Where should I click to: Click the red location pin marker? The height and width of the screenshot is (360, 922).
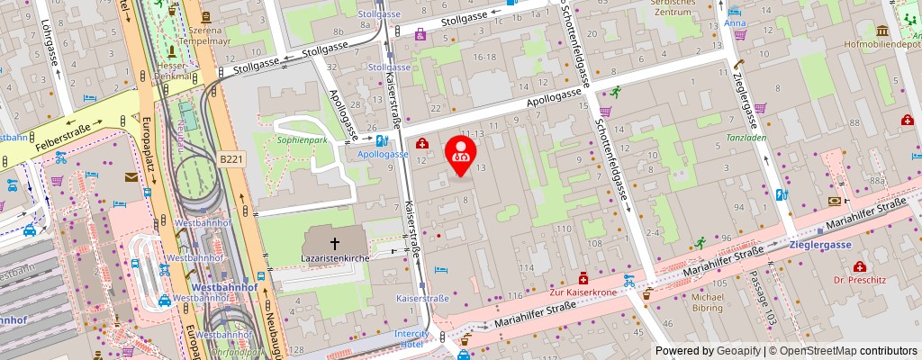pyautogui.click(x=462, y=153)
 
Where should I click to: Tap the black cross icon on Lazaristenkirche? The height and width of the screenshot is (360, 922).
pyautogui.click(x=335, y=243)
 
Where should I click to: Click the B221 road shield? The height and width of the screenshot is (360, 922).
pyautogui.click(x=231, y=159)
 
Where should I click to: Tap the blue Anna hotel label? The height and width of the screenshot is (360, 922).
pyautogui.click(x=736, y=23)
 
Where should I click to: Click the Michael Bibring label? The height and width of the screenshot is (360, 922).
pyautogui.click(x=707, y=302)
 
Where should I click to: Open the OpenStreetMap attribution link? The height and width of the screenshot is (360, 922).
pyautogui.click(x=843, y=351)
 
